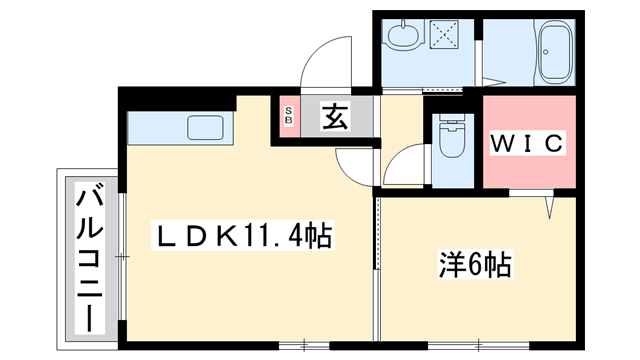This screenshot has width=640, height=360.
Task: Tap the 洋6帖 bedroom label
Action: click(475, 265)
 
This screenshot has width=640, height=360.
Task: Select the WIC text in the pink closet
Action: click(527, 143)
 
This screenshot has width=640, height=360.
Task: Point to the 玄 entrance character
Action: click(334, 118)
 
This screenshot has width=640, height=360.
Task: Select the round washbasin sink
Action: click(403, 38)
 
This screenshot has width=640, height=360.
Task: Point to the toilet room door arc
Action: click(402, 165)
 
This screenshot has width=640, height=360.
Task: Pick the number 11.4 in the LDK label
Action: click(271, 238)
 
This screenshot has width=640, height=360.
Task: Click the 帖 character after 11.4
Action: click(319, 237)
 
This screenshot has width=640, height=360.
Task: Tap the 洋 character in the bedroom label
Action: click(452, 265)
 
